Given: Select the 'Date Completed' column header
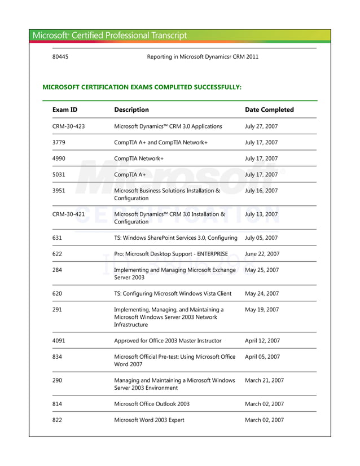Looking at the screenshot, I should [269, 109].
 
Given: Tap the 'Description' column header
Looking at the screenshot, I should [131, 109].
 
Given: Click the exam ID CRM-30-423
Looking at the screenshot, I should [68, 126].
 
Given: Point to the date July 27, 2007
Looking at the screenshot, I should [261, 126].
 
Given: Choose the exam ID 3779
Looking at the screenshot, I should [59, 143].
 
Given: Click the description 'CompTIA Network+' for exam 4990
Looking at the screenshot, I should [139, 159].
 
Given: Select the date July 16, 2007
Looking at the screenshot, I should [261, 191].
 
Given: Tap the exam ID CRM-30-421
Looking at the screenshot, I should [68, 214].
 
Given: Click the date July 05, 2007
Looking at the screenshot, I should [261, 238].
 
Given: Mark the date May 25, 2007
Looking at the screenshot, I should [262, 270].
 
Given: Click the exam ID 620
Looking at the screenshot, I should [57, 293].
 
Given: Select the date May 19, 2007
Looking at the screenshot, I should [262, 310].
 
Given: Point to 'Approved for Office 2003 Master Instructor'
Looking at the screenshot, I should [168, 341].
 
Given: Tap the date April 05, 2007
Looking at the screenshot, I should [262, 357].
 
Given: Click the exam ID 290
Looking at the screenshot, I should [57, 380].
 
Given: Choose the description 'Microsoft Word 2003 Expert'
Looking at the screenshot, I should [149, 420].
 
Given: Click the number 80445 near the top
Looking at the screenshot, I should [60, 56].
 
